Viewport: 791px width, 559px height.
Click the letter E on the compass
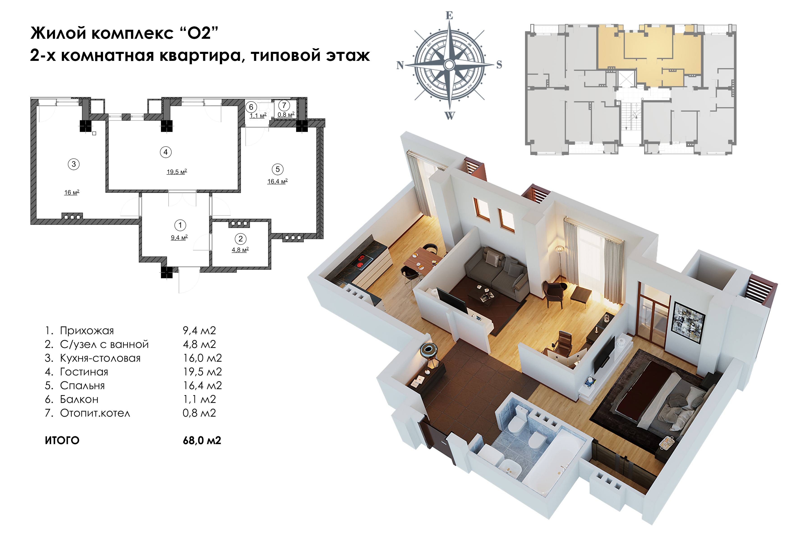449,16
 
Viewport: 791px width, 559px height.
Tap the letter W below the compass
450,116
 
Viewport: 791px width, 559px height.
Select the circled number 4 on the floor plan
166,152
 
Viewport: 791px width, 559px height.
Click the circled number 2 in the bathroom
240,239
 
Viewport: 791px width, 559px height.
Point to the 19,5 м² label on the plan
177,172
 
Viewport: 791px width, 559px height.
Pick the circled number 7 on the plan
284,105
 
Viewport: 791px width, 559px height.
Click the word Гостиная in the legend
84,372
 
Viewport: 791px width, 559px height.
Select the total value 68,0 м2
202,440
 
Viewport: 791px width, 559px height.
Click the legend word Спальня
82,386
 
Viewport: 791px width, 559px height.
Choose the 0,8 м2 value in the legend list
199,413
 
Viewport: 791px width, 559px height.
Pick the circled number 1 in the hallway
180,225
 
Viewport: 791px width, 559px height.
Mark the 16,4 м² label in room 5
277,181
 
